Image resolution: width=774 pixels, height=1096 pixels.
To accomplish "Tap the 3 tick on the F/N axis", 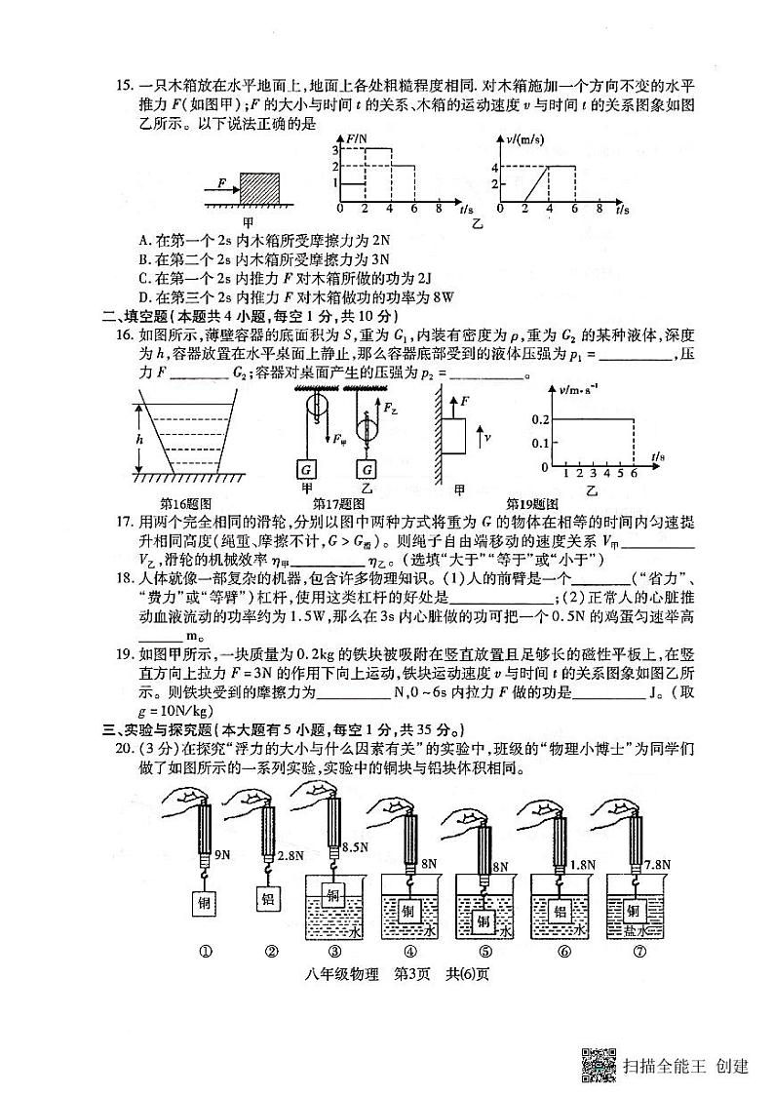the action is pyautogui.click(x=332, y=149).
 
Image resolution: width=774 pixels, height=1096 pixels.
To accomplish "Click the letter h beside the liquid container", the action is pyautogui.click(x=139, y=439).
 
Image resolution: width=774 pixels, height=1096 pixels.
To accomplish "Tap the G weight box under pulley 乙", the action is pyautogui.click(x=367, y=467).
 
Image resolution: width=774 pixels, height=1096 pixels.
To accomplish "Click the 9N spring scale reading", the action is pyautogui.click(x=222, y=855).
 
